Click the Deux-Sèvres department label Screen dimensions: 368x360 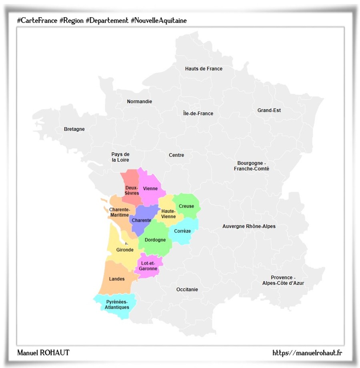131,190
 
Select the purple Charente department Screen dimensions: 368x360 141,220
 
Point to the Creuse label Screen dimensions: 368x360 186,206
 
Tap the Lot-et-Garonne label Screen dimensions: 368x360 148,266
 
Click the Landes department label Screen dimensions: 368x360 117,279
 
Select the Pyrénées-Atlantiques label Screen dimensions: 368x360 117,304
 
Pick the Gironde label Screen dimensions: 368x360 125,250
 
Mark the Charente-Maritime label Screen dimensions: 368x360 119,212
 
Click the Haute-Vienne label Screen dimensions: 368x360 168,214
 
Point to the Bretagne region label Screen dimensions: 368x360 74,129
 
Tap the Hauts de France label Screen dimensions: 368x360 204,69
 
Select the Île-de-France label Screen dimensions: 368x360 198,114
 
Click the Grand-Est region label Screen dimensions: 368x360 269,110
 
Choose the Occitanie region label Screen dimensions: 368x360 187,290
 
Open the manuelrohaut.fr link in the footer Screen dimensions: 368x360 307,353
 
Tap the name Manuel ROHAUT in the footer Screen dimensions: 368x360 43,353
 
